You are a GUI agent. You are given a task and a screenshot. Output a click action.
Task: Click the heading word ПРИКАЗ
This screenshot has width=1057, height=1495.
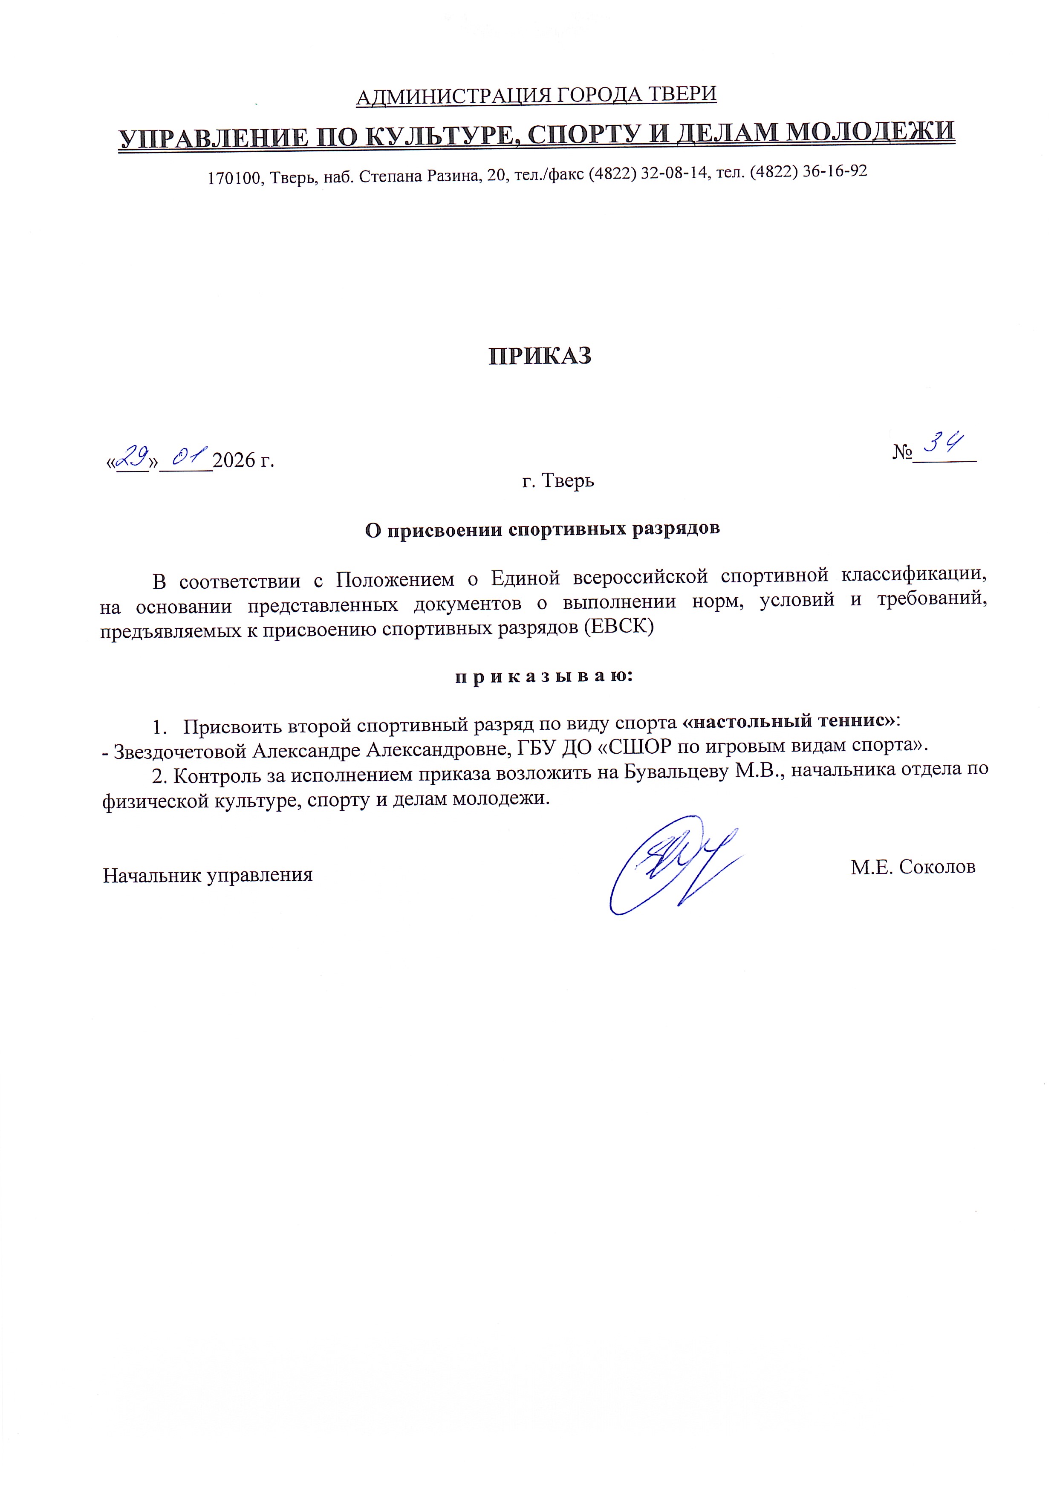pos(540,356)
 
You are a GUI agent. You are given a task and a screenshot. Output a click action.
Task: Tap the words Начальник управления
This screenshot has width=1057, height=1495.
pos(208,874)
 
